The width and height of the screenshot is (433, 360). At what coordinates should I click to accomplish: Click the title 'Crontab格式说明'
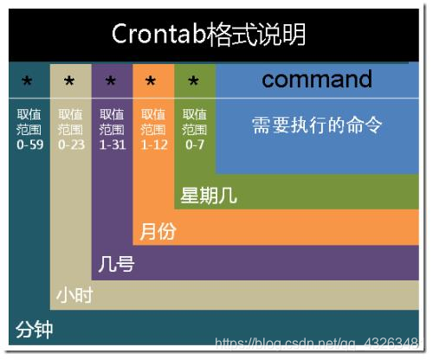208,35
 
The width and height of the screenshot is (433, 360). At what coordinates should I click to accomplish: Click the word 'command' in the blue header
317,80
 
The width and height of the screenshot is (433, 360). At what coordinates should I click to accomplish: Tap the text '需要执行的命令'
317,125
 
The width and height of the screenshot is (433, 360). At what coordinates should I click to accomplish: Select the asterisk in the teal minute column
27,83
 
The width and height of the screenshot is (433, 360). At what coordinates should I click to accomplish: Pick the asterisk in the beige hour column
70,83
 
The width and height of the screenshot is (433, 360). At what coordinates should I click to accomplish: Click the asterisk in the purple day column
111,83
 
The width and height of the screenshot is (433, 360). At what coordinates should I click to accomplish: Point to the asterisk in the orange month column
152,83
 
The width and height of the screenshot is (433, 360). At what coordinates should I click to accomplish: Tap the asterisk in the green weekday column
194,83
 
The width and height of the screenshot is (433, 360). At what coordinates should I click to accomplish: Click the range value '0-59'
29,145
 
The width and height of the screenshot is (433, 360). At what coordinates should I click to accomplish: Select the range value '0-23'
70,145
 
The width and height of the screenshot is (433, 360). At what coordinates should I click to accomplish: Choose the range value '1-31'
112,145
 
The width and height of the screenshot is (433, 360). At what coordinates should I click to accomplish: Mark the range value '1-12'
152,145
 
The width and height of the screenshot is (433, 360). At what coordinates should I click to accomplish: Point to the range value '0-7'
195,145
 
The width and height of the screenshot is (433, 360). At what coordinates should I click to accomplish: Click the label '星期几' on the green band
208,196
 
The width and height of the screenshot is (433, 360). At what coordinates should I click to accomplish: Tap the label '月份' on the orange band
155,231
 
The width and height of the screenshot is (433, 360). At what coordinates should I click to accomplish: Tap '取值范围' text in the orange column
152,122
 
